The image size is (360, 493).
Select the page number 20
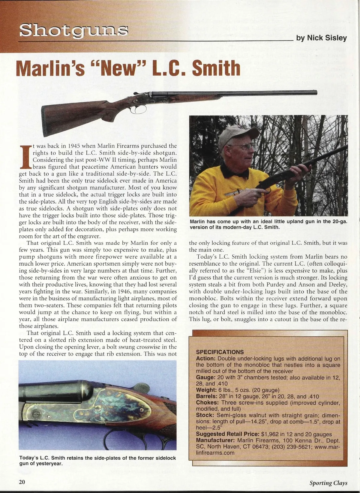22,482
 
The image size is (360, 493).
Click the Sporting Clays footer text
328,483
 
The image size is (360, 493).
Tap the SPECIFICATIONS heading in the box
220,352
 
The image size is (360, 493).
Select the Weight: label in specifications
206,390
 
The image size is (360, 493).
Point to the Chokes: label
207,403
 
